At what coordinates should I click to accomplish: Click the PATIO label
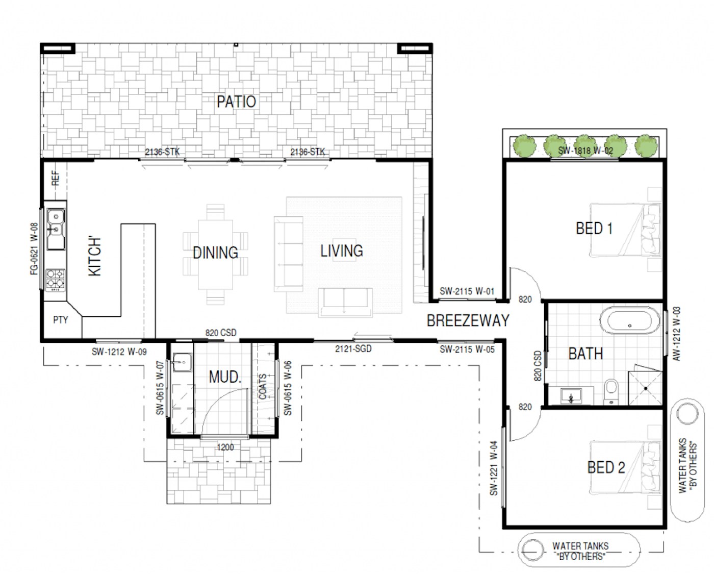236,102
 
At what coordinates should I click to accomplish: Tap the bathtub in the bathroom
629,320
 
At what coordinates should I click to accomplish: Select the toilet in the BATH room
611,391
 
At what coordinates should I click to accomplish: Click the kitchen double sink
56,229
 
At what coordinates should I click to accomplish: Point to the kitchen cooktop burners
55,280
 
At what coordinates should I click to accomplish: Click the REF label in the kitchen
56,178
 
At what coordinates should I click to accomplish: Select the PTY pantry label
60,320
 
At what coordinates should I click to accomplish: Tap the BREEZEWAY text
468,320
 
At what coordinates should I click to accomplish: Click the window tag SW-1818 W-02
585,151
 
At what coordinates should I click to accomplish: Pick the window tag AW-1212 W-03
676,334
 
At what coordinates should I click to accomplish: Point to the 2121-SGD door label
353,349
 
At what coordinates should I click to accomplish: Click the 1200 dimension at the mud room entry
225,447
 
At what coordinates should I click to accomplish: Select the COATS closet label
263,386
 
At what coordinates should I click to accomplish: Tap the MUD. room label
224,377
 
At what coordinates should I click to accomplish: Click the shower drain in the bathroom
646,388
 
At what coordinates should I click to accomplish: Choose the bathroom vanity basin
571,396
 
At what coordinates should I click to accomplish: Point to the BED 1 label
594,229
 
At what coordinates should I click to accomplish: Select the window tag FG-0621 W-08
34,248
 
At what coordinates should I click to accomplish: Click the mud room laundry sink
182,362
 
